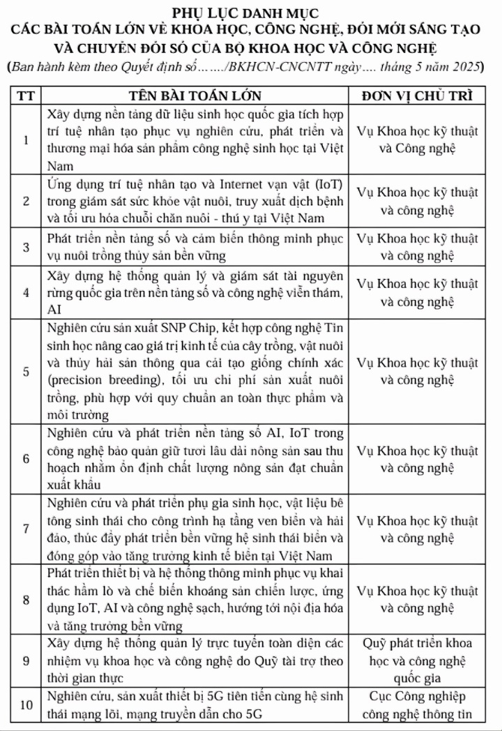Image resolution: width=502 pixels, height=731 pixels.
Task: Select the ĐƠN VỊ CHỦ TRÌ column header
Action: (x=416, y=96)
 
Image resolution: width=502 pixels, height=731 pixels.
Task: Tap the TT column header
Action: (x=25, y=96)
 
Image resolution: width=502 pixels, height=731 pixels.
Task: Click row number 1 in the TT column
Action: (x=25, y=140)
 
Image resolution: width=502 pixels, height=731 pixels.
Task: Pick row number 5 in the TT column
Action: (x=25, y=371)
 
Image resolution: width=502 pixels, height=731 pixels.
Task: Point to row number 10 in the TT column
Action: (x=25, y=704)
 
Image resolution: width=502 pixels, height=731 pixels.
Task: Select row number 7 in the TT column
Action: (x=25, y=529)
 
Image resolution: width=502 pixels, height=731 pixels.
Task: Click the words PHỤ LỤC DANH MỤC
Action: (x=250, y=11)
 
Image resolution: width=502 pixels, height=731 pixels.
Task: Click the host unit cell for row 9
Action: (x=416, y=660)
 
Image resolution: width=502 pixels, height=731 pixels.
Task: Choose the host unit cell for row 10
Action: (x=416, y=704)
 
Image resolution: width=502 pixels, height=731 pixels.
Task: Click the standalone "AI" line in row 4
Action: (x=54, y=309)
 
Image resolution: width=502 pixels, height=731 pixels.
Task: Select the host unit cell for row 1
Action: (x=416, y=140)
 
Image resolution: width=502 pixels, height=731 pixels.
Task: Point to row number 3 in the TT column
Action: (x=25, y=248)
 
